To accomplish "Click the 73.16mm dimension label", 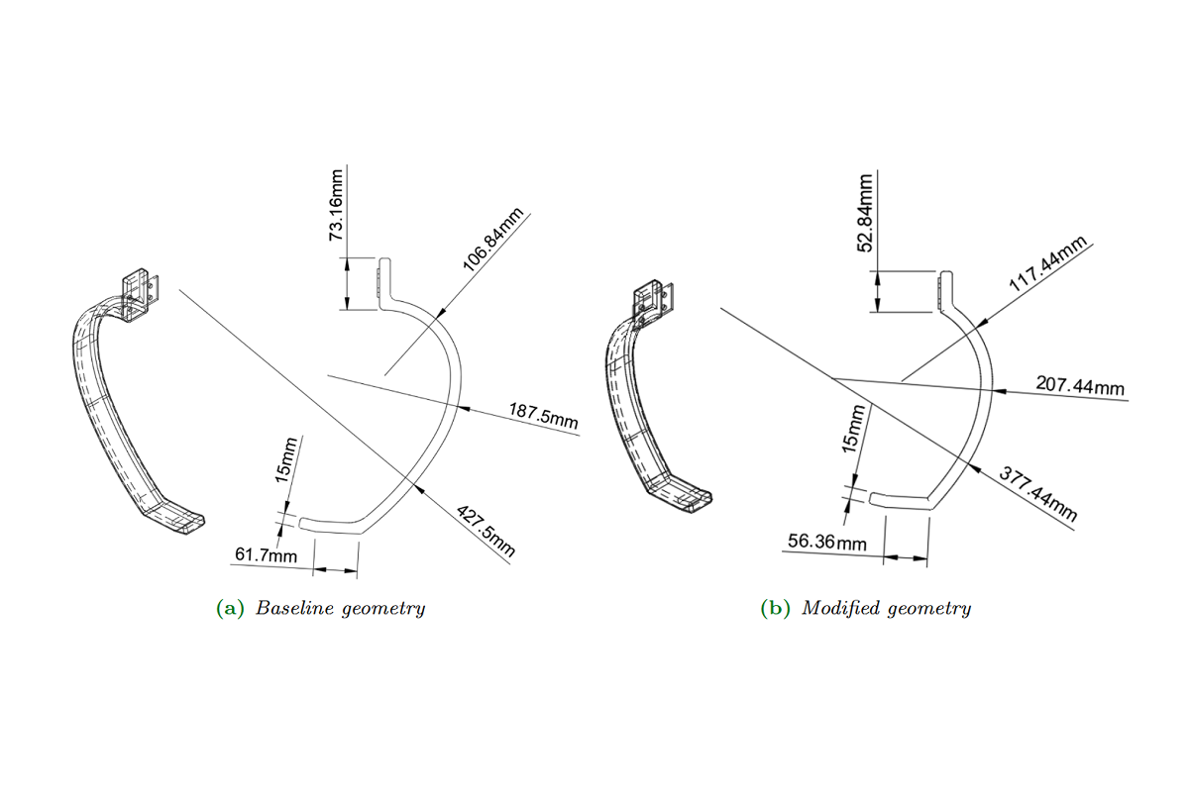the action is pos(336,205).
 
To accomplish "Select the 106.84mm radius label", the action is pos(493,239).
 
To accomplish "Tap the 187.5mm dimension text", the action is pos(543,416).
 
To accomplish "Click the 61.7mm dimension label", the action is pos(266,555).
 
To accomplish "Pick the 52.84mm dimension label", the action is pos(865,213).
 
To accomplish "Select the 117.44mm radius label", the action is pos(1048,263).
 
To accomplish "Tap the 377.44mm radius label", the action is pos(1038,493).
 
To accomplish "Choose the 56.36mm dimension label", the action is pos(826,542).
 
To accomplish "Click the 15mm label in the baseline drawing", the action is pos(285,459).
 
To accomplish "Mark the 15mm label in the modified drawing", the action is pos(853,429).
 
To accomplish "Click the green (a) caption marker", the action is pos(230,608).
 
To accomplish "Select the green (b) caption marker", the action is pos(775,608).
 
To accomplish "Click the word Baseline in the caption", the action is pos(294,608).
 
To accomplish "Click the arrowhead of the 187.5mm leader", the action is pos(464,408).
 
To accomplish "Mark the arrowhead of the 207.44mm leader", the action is pos(1000,391).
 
